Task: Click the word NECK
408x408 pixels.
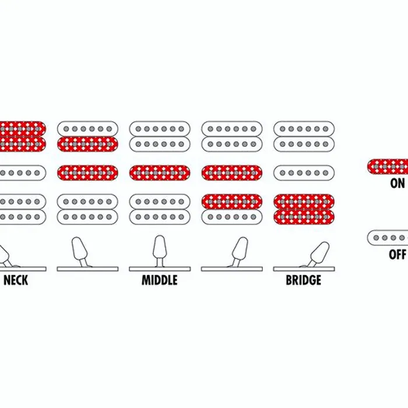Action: pyautogui.click(x=16, y=280)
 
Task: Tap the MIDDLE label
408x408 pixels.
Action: pyautogui.click(x=160, y=280)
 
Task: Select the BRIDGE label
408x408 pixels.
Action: pyautogui.click(x=304, y=280)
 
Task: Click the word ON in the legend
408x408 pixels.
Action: pyautogui.click(x=398, y=184)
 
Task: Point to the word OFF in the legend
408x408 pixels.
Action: pyautogui.click(x=398, y=254)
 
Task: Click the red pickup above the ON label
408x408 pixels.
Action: pyautogui.click(x=388, y=167)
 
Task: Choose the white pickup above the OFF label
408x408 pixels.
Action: pyautogui.click(x=388, y=238)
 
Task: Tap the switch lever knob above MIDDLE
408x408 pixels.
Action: pyautogui.click(x=159, y=247)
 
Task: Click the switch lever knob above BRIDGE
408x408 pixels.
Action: pyautogui.click(x=320, y=251)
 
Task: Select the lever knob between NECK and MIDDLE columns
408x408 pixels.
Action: pyautogui.click(x=79, y=248)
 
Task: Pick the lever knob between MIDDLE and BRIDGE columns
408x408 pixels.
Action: pyautogui.click(x=240, y=248)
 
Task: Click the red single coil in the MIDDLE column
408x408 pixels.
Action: pyautogui.click(x=160, y=173)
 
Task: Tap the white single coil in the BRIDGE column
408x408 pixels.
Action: pyautogui.click(x=304, y=173)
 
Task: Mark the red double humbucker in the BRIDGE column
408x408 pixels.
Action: pyautogui.click(x=304, y=209)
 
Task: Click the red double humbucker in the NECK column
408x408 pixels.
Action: pyautogui.click(x=22, y=136)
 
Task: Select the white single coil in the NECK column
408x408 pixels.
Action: pyautogui.click(x=22, y=173)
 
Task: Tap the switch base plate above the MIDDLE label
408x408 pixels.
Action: pyautogui.click(x=160, y=269)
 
